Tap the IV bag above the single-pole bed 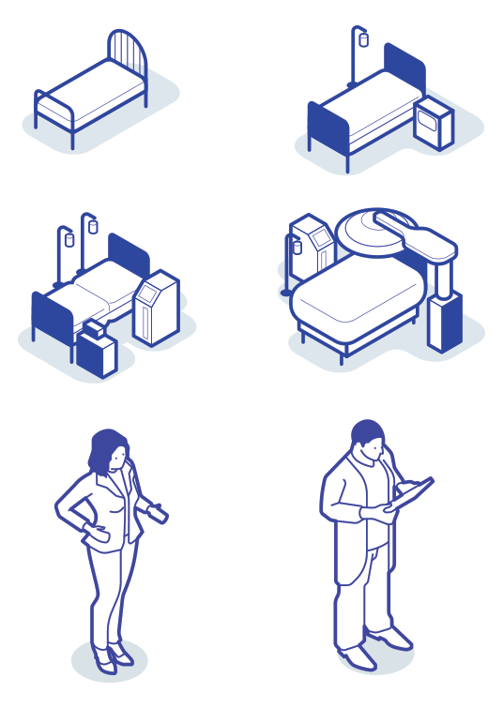coord(363,39)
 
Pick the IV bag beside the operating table coord(297,249)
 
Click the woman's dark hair coord(105,448)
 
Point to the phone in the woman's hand coord(160,512)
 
